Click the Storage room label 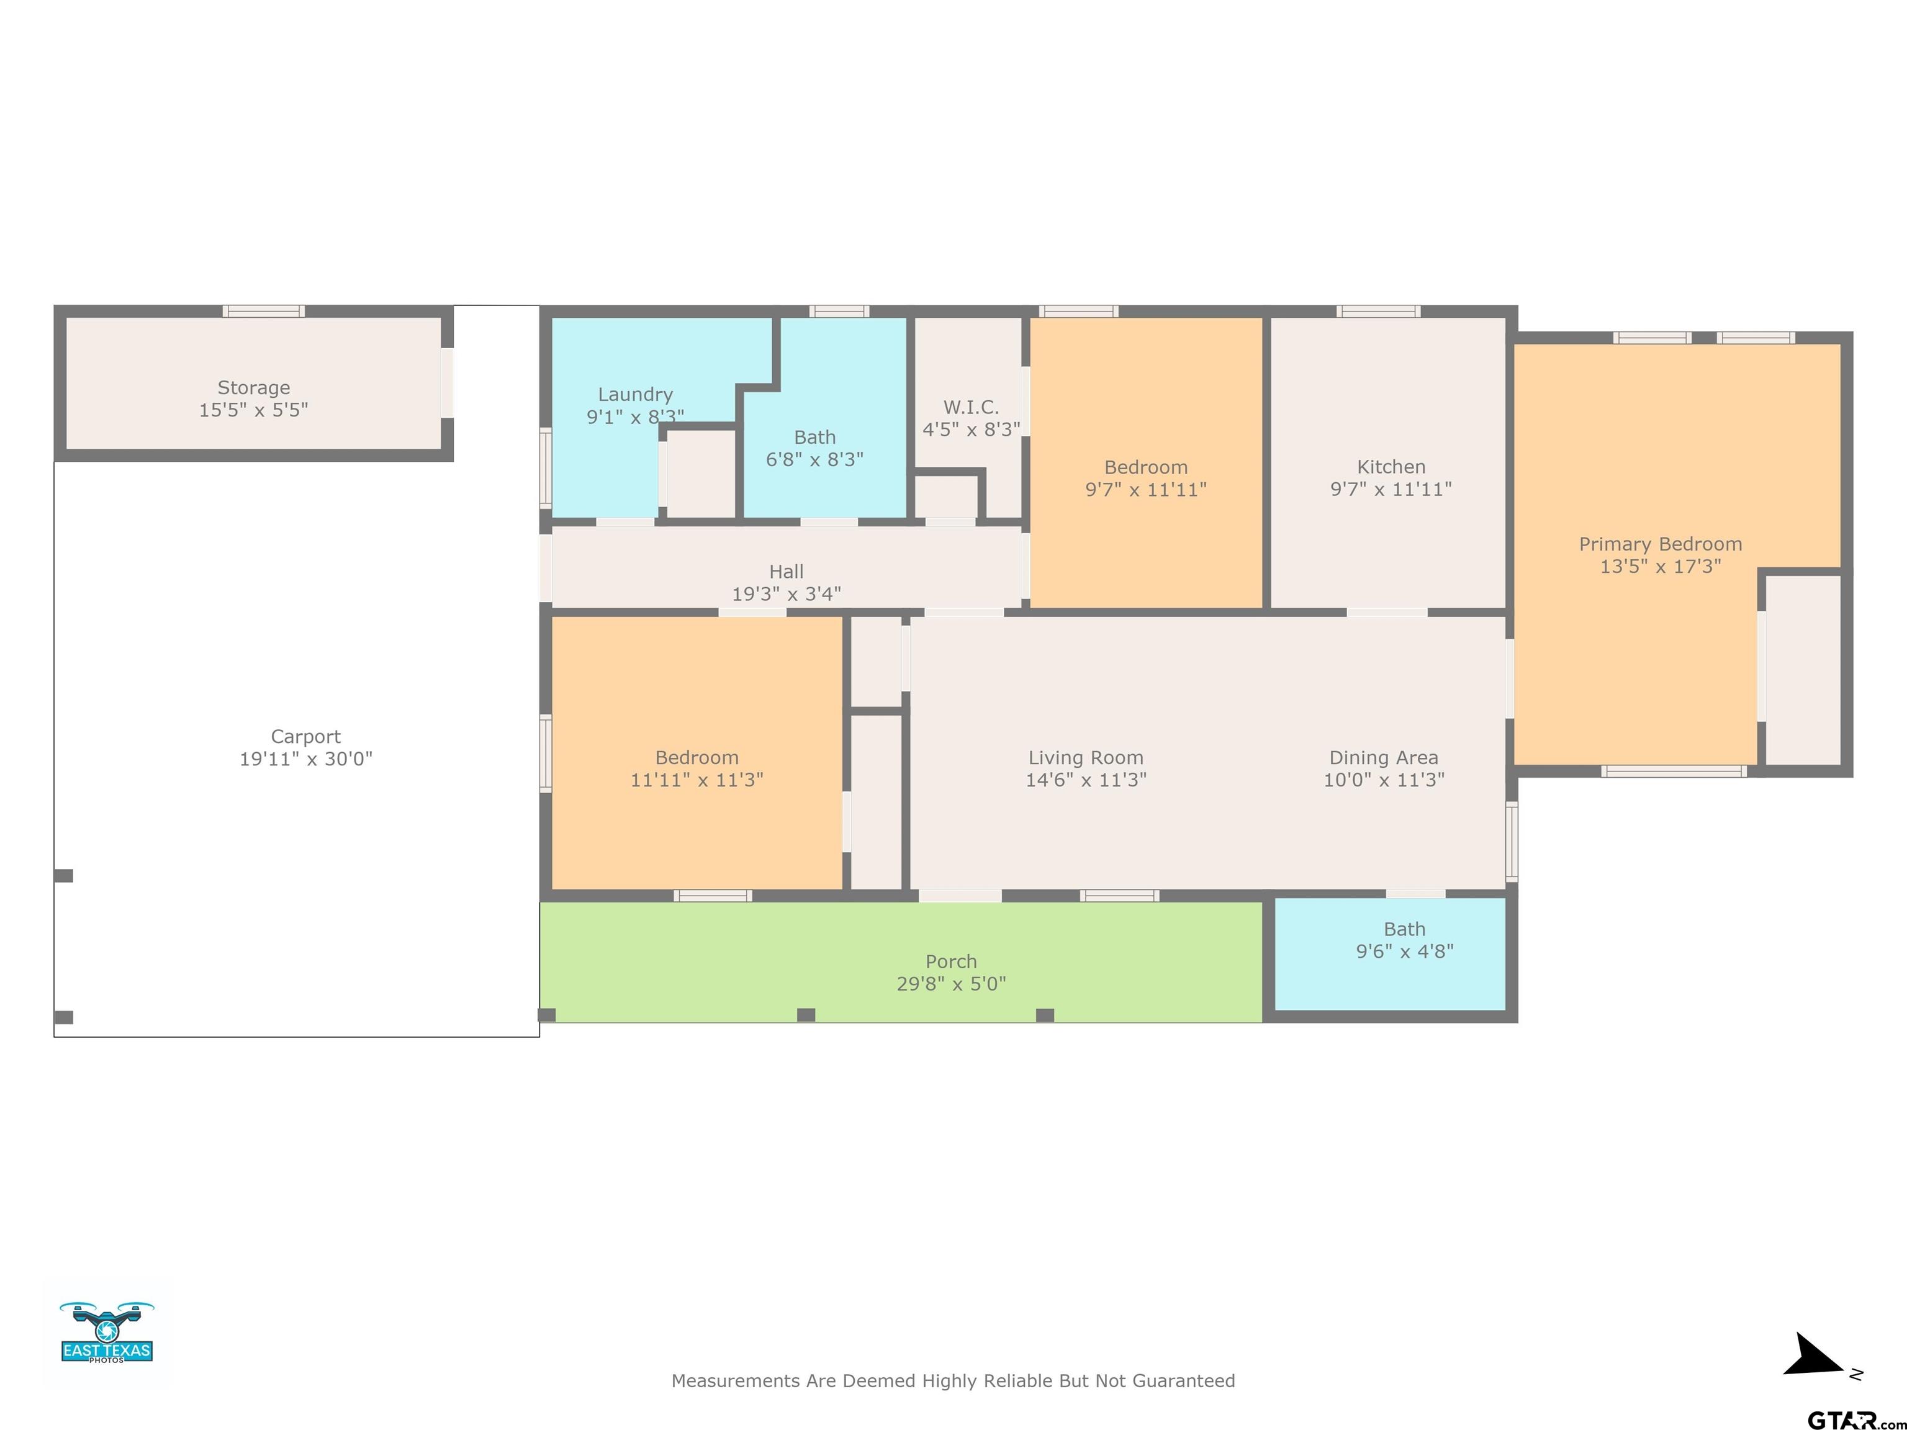click(x=253, y=388)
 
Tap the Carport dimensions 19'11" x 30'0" click(x=306, y=758)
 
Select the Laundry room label click(x=636, y=395)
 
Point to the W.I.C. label click(x=971, y=407)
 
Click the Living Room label click(x=1085, y=758)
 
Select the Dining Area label click(x=1384, y=758)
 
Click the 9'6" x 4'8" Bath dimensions click(x=1404, y=951)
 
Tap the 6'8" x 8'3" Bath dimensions click(x=814, y=459)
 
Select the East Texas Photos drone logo click(x=107, y=1332)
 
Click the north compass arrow click(x=1814, y=1357)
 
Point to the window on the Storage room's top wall click(x=264, y=311)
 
